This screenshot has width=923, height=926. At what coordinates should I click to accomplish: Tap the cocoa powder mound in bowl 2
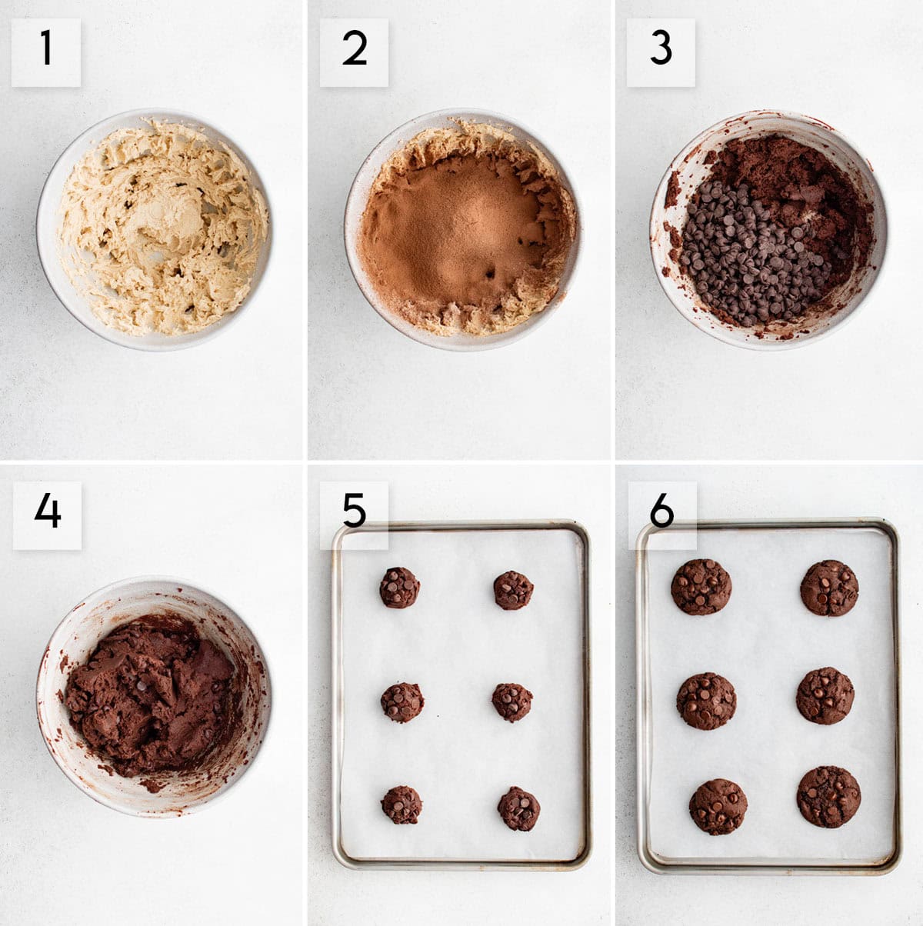(461, 223)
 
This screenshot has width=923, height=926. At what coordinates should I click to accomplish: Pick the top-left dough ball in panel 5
(399, 588)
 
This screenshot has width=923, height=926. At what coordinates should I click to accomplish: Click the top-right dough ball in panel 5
(513, 590)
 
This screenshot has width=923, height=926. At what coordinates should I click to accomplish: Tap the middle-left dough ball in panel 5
(402, 701)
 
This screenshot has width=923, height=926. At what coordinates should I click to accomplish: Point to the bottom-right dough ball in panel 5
(518, 808)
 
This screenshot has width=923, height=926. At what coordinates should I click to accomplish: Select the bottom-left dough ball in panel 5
(402, 804)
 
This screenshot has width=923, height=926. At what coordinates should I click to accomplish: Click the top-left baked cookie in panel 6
(701, 587)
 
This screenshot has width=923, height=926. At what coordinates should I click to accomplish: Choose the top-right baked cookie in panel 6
(829, 588)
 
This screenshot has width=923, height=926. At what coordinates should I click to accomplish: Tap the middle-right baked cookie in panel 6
(825, 696)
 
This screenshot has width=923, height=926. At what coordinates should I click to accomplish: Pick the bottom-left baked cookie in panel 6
(718, 807)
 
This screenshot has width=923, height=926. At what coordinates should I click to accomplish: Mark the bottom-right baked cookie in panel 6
(828, 797)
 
